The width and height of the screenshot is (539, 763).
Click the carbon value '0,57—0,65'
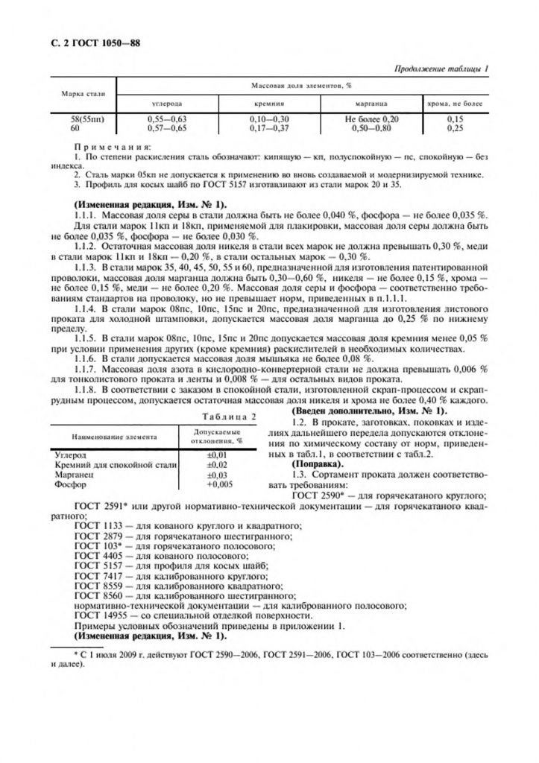point(167,127)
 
